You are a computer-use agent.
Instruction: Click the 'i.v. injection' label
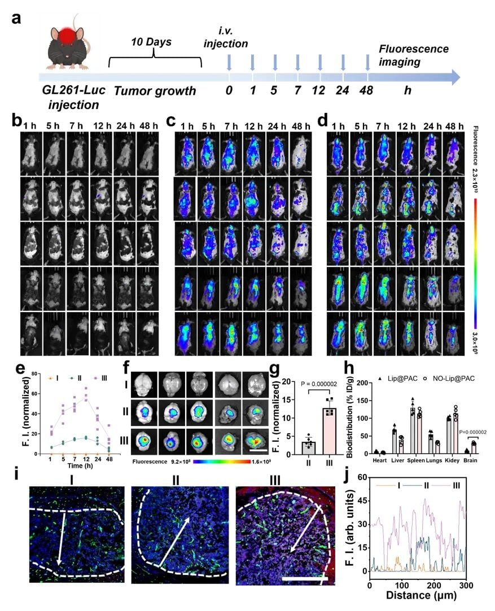tap(232, 37)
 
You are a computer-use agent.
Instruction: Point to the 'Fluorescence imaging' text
tap(414, 56)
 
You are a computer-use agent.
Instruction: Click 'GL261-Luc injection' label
tap(72, 98)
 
